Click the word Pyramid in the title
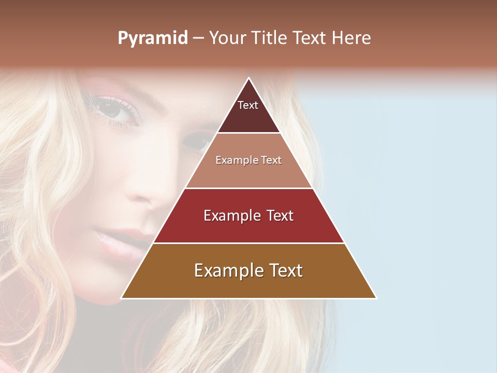tap(153, 38)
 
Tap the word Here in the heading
tap(352, 38)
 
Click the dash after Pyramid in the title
tap(198, 38)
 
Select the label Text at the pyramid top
tap(248, 106)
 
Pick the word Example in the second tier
tap(235, 161)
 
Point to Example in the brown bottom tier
tap(225, 271)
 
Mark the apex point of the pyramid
tap(248, 78)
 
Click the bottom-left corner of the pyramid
tap(122, 298)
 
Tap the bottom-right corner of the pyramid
tap(376, 298)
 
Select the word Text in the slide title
tap(310, 38)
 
